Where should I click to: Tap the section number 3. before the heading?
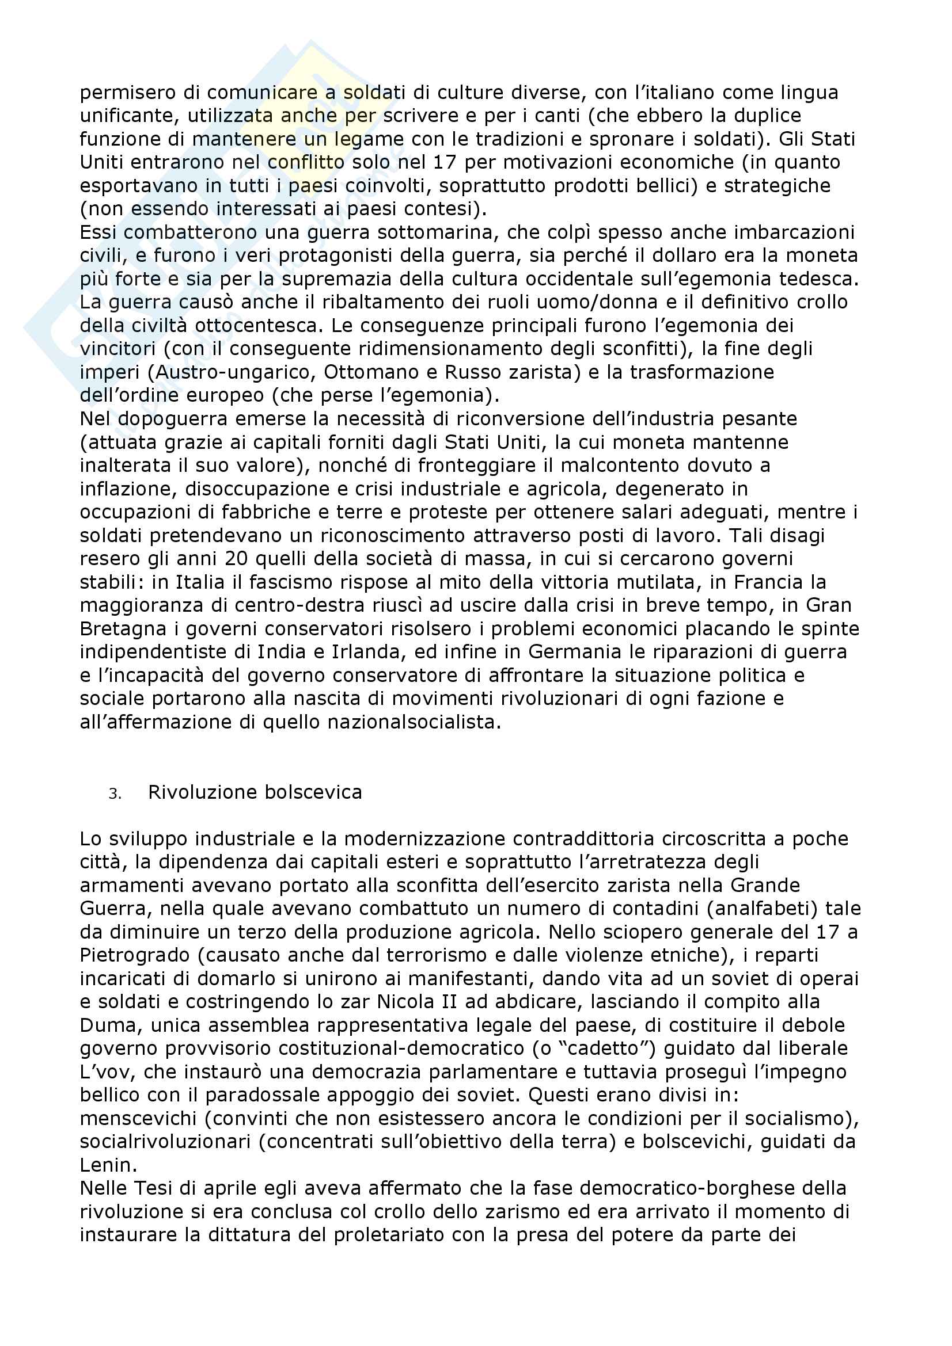coord(115,794)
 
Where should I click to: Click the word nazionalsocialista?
coord(411,722)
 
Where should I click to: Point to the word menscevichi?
coord(138,1118)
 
